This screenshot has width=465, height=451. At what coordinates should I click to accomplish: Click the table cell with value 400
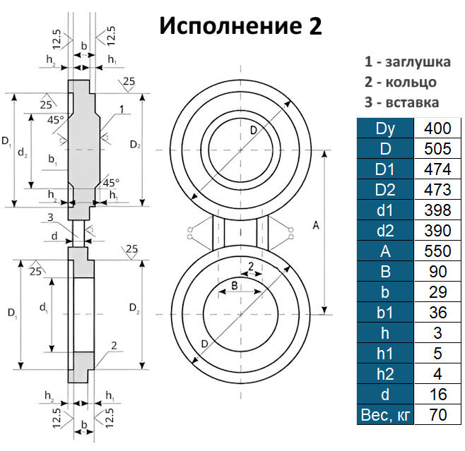[x=437, y=129]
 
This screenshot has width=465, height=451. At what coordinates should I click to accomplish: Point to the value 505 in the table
[x=437, y=150]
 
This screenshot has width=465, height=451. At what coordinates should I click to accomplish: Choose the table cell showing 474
[x=437, y=170]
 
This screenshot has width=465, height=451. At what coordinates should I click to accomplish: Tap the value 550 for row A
[x=437, y=251]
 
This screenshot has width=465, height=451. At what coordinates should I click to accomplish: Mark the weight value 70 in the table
[x=437, y=414]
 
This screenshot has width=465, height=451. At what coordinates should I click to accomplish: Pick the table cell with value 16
[x=437, y=394]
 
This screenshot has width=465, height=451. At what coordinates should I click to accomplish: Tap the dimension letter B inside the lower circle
[x=235, y=285]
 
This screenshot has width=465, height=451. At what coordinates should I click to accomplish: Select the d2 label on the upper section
[x=23, y=152]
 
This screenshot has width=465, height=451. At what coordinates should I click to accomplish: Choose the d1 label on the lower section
[x=43, y=306]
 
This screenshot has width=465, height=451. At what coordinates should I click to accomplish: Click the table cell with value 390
[x=437, y=231]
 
